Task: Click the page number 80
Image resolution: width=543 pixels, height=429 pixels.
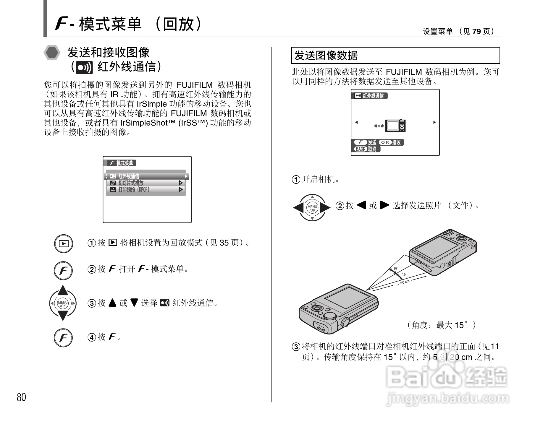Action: point(21,397)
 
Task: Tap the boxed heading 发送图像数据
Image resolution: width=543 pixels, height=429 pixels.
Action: point(326,55)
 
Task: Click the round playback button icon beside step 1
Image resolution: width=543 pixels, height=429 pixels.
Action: point(64,243)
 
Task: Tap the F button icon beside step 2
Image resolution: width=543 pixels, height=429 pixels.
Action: point(63,270)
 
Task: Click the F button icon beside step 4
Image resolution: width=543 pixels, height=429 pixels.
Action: point(63,338)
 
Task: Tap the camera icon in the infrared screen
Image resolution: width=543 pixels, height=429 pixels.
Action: point(396,126)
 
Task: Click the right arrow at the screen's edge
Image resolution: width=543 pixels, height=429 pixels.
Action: point(434,122)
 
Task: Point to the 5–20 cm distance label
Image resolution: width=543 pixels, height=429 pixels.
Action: point(403,282)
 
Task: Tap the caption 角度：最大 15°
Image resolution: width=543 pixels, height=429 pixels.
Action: point(441,325)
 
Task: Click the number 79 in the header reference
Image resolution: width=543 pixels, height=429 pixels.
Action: point(476,31)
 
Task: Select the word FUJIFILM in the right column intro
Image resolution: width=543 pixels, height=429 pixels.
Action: point(404,72)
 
